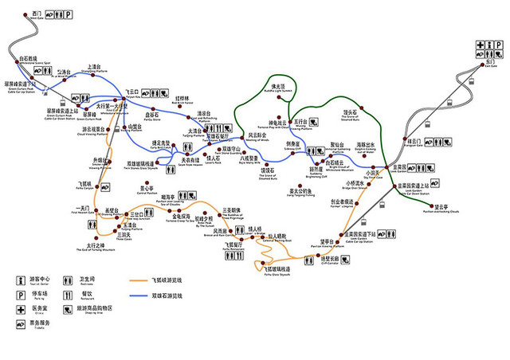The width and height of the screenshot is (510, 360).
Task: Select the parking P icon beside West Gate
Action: tap(67, 14)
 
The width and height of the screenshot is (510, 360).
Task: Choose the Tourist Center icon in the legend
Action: tap(21, 280)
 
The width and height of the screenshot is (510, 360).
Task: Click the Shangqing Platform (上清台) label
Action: tap(92, 67)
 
